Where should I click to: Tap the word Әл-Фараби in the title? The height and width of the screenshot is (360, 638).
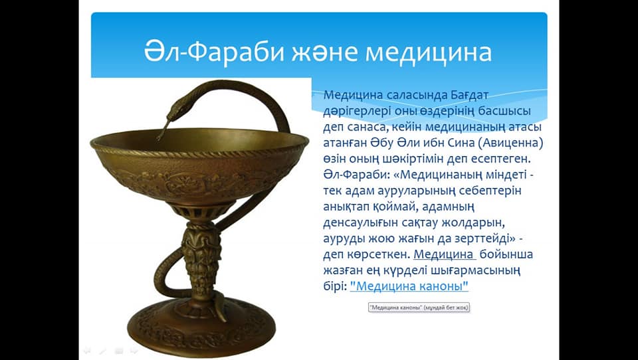tap(214, 51)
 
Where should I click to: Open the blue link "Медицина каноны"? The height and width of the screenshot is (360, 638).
tap(409, 286)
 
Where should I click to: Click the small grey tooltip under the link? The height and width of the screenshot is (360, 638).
tap(419, 308)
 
